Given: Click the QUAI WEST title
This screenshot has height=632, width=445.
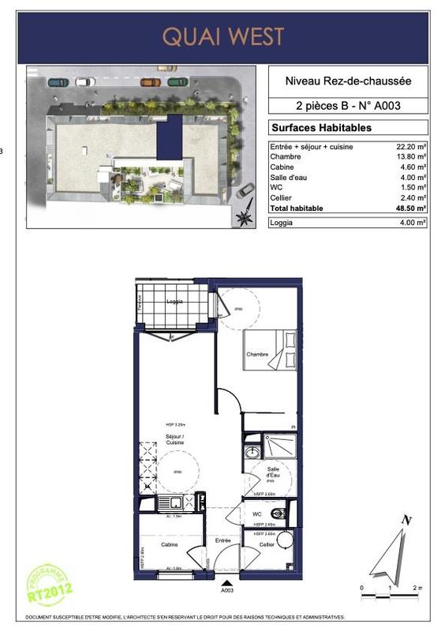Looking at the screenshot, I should pos(222,36).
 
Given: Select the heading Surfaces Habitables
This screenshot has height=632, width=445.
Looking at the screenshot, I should pos(321,127).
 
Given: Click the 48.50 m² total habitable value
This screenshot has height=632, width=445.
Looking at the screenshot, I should pos(411,208).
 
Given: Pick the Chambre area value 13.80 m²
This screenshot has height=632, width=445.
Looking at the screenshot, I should pos(411,157).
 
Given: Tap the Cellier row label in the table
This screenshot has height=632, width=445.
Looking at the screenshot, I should pos(281,197).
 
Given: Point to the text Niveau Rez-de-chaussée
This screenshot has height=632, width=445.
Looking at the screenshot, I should pos(348,80).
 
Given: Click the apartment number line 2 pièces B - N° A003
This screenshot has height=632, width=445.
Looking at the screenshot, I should pos(348,105).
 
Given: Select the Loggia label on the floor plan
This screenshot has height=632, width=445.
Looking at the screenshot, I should pos(175,302).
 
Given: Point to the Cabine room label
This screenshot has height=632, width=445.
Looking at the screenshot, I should pos(169,545).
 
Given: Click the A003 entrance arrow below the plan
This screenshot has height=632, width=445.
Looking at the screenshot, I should pos(227,585).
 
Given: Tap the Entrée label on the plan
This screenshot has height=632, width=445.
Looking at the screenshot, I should pos(223,540).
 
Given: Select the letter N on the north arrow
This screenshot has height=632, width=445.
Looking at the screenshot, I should pos(406,520).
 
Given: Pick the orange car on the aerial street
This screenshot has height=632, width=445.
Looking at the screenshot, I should pos(151,81).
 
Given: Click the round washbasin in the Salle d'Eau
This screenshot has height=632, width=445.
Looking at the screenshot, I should pos(252,452).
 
